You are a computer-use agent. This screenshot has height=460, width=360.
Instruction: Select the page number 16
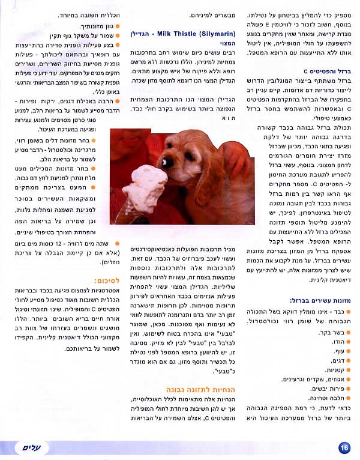point(344,447)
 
